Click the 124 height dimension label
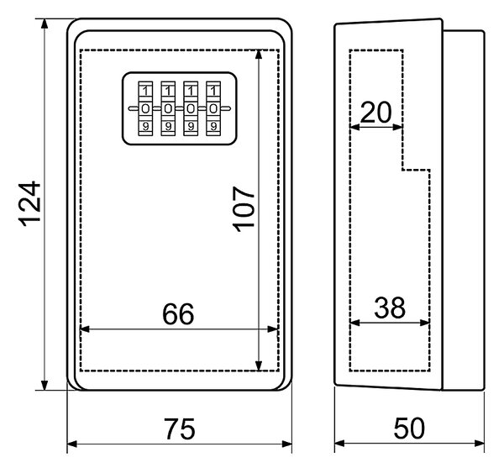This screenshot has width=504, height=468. pos(29,204)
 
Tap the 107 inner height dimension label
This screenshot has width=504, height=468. pos(244,209)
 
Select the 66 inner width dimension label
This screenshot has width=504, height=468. pos(178,314)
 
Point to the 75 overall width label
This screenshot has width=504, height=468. pos(180,429)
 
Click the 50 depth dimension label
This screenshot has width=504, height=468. pos(409,429)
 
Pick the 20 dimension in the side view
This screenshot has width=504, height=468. pos(376,113)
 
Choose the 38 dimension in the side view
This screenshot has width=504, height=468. pos(390,308)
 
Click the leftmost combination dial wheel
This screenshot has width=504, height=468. pos(145,108)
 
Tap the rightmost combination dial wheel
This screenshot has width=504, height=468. pos(213,108)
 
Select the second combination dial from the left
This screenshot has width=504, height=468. pos(168,108)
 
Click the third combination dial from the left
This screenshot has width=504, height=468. pos(191,108)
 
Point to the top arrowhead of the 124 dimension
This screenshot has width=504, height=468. pos(45,24)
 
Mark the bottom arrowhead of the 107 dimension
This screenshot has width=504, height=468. pos(259,365)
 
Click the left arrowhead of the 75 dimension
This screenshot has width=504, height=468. pos(72,444)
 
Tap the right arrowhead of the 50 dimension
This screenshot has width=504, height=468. pos(480,444)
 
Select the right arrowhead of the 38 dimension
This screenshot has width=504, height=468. pos(424,323)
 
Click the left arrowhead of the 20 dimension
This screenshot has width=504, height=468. pos(354,127)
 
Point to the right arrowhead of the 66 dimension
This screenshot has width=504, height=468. pos(273,329)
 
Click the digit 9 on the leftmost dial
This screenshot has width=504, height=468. pos(145,127)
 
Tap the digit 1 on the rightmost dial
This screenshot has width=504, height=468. pos(213,91)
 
